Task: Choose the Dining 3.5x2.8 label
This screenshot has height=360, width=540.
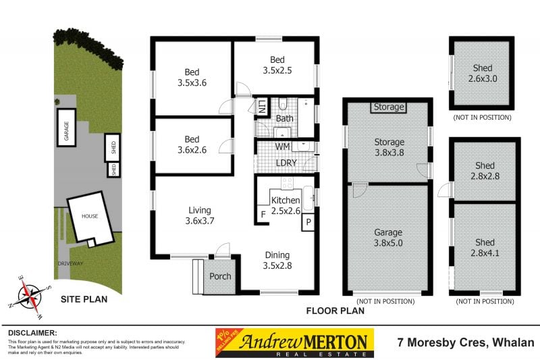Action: click(x=277, y=260)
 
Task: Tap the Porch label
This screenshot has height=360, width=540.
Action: click(x=220, y=277)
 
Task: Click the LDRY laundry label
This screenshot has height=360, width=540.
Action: click(x=285, y=162)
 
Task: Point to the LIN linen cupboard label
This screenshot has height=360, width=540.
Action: click(x=262, y=106)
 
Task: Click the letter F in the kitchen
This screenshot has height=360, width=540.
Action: click(x=263, y=216)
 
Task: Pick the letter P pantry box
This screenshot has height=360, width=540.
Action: click(x=309, y=222)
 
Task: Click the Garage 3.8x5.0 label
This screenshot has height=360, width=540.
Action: click(x=389, y=238)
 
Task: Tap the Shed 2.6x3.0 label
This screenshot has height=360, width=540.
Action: click(x=483, y=74)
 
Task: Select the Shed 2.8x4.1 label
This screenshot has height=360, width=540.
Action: click(x=485, y=248)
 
